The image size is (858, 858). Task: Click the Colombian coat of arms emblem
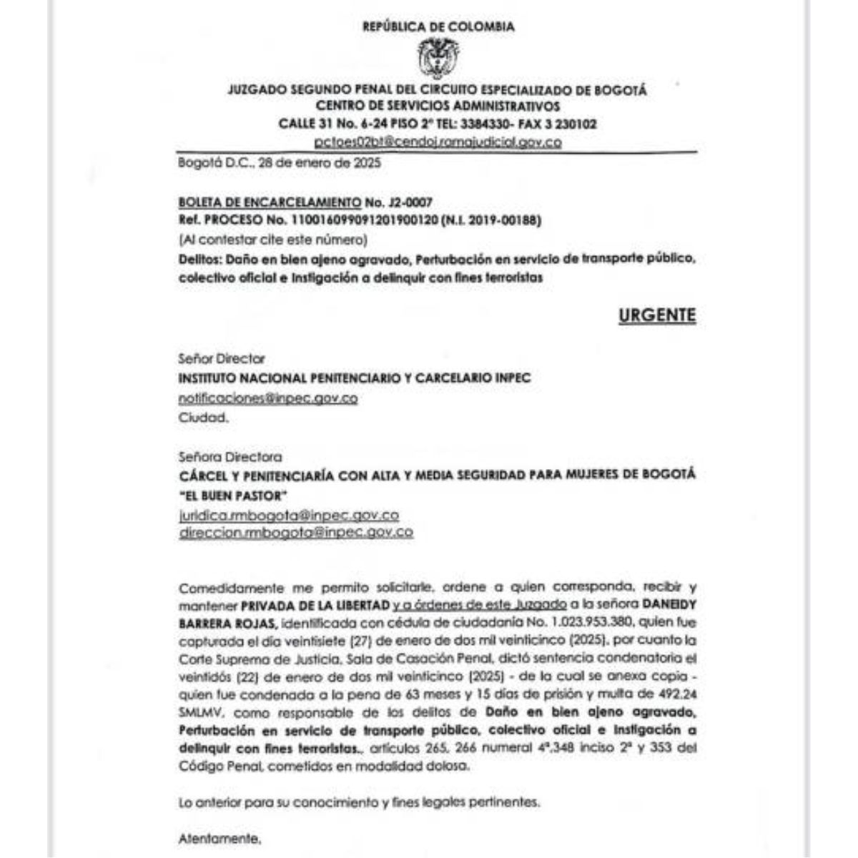point(438,59)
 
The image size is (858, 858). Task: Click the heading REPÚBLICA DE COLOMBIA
point(438,27)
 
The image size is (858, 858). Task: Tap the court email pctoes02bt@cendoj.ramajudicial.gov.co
point(438,142)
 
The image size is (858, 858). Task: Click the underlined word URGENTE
point(656,315)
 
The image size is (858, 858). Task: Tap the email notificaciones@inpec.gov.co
point(267,398)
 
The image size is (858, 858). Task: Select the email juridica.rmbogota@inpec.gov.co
point(289,515)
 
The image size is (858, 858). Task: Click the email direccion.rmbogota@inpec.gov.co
point(295,532)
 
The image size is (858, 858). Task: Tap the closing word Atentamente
point(220,838)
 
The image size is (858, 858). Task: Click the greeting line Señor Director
point(221,359)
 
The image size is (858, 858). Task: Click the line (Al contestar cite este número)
point(272,239)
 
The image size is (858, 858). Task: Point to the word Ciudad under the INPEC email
point(203,418)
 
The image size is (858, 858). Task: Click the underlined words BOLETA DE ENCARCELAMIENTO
point(270,202)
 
